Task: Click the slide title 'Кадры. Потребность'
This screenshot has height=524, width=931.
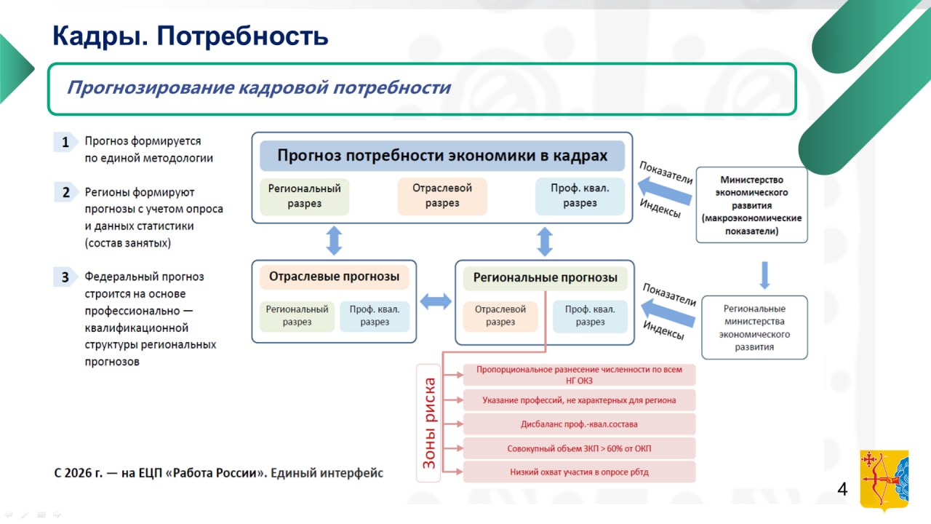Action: coord(191,36)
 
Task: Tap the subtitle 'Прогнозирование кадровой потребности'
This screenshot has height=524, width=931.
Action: coord(258,88)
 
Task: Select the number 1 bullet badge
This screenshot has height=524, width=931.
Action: coord(65,142)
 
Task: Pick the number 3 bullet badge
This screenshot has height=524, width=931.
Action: coord(65,277)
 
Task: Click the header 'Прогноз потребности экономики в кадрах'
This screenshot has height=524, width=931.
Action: coord(442,156)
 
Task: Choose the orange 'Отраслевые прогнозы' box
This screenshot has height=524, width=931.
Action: coord(334,277)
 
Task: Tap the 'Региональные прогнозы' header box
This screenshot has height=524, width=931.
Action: coord(545,277)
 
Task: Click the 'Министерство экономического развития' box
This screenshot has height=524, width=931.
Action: coord(751,205)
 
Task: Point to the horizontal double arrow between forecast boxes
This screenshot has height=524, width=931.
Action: coord(436,301)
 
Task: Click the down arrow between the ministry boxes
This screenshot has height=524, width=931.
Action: coord(764,275)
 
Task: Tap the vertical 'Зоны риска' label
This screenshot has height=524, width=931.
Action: coord(430,422)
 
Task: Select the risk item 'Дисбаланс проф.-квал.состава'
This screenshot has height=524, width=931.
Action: coord(579,424)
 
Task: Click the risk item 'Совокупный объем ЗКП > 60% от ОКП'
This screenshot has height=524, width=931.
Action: coord(579,448)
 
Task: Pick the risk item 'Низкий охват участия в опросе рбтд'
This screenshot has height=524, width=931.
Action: coord(579,472)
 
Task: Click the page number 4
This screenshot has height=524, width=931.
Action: coord(842,489)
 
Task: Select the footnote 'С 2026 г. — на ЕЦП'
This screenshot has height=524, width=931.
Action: coord(218,473)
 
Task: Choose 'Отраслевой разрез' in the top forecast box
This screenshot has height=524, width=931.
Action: coord(442,196)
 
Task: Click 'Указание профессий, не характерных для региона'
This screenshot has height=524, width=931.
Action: coord(579,400)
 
